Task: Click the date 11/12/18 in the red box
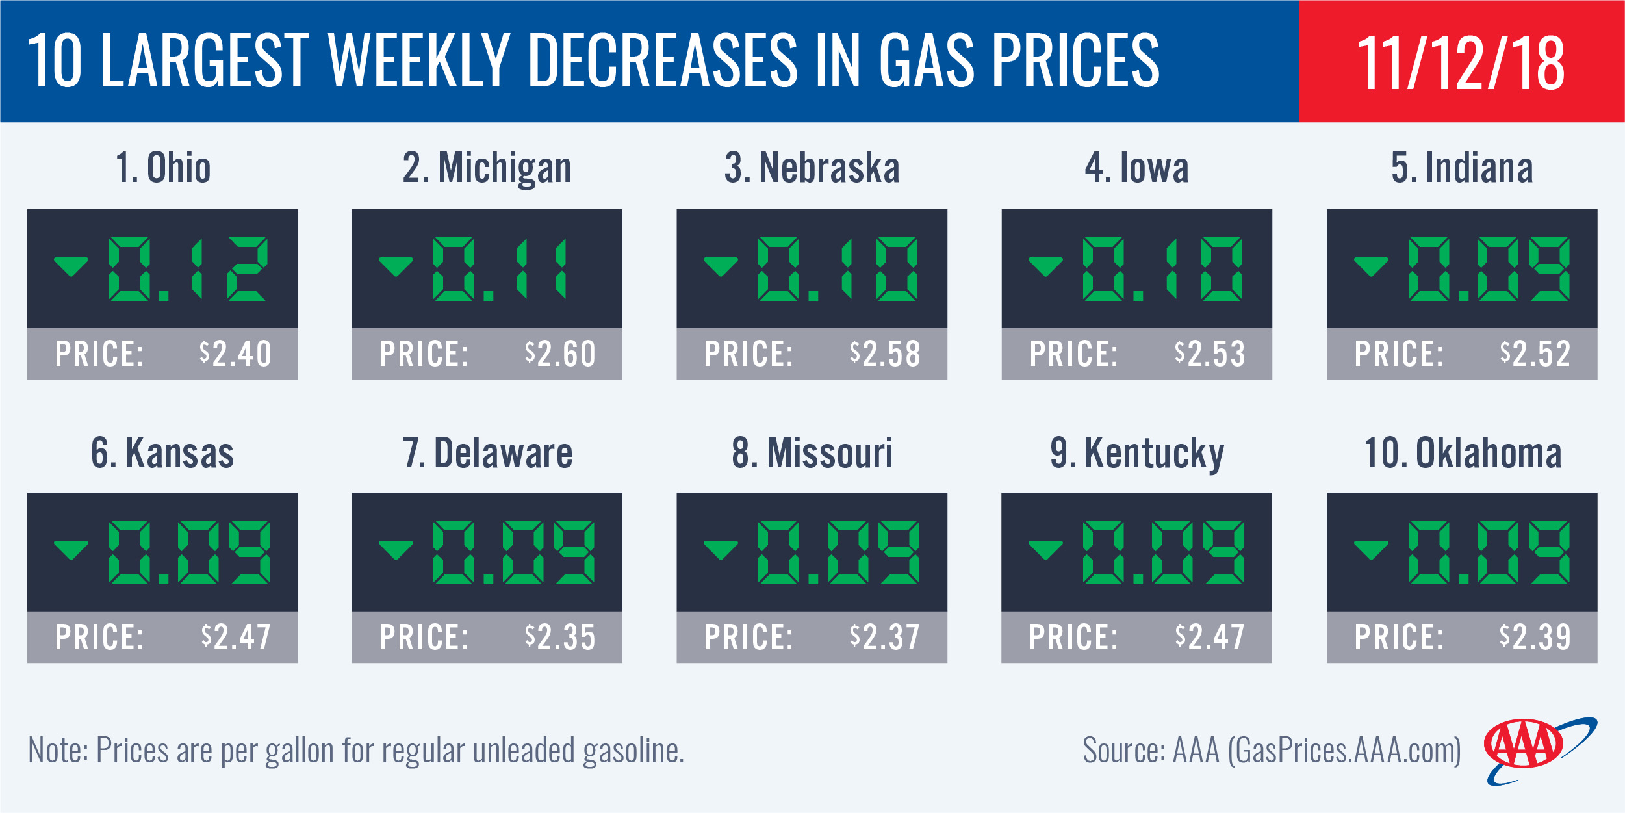pos(1461,62)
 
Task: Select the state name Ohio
pos(178,168)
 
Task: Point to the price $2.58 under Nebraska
pos(885,354)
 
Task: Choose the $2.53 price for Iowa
pos(1210,354)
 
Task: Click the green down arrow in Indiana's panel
pos(1371,266)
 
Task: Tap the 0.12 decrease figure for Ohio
pos(187,269)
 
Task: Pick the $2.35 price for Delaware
pos(560,638)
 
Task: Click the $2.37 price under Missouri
pos(885,638)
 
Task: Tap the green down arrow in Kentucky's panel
pos(1045,550)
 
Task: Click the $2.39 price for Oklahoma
pos(1535,638)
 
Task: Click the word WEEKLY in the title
pos(420,61)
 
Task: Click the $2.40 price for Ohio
pos(235,354)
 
